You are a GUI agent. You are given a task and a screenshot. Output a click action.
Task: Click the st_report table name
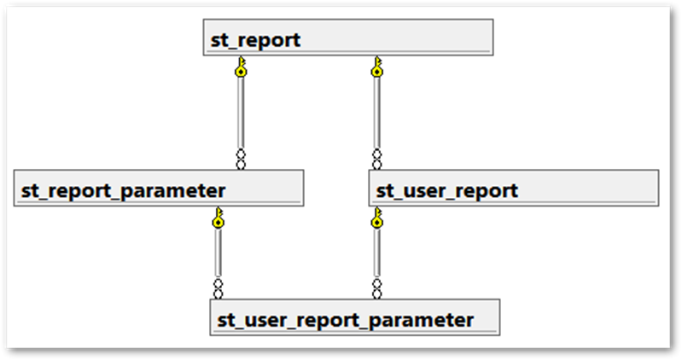[x=255, y=40]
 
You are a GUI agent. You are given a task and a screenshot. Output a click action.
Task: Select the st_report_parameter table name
[x=123, y=190]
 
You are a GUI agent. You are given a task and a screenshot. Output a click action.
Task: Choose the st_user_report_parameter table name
[x=345, y=321]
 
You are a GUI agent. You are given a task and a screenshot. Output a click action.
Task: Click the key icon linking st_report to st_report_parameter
[x=242, y=67]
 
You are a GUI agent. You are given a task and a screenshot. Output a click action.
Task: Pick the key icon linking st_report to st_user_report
[x=376, y=67]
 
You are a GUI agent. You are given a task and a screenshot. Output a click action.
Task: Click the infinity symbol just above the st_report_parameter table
[x=242, y=159]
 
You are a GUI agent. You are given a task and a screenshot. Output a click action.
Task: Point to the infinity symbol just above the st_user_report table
[x=376, y=159]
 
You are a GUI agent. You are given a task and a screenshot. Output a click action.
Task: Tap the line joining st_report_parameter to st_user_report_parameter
[x=219, y=253]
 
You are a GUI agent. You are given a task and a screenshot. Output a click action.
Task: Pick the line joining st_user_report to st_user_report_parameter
[x=376, y=253]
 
